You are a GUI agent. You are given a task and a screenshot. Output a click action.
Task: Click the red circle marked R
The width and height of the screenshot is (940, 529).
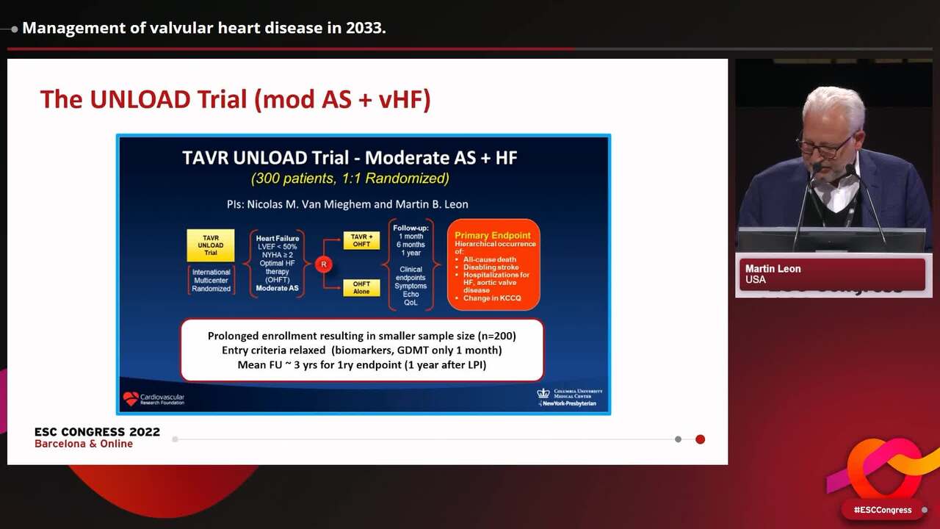click(323, 264)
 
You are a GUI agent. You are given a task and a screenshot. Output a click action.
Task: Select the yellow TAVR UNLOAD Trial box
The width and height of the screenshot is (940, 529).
click(211, 245)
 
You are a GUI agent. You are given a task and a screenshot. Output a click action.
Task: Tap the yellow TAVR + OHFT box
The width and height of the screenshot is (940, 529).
click(361, 240)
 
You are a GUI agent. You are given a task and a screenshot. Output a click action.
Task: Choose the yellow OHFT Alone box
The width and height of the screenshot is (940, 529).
click(361, 287)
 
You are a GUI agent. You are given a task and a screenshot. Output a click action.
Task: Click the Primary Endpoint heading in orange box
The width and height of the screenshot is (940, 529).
click(493, 235)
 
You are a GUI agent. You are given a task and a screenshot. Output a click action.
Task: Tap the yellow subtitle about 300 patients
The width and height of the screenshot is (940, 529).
click(350, 179)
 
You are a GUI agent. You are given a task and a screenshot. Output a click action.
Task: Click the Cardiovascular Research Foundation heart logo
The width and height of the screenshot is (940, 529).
click(131, 398)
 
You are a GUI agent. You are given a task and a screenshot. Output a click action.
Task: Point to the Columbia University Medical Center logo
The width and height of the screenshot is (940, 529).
click(543, 394)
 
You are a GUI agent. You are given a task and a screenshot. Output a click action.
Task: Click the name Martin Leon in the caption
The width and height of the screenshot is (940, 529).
click(773, 269)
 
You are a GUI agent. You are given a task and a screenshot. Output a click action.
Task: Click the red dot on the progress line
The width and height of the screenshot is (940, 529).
click(700, 439)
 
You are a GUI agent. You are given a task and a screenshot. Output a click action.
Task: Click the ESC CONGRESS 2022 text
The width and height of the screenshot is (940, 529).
click(97, 432)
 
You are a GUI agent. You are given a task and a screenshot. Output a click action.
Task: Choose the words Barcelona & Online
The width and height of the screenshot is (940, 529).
click(84, 444)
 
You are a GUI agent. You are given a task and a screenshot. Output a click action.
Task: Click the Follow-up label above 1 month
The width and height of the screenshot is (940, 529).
click(411, 228)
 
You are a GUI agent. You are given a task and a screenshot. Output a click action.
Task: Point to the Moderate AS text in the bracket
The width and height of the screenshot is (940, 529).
click(277, 288)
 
